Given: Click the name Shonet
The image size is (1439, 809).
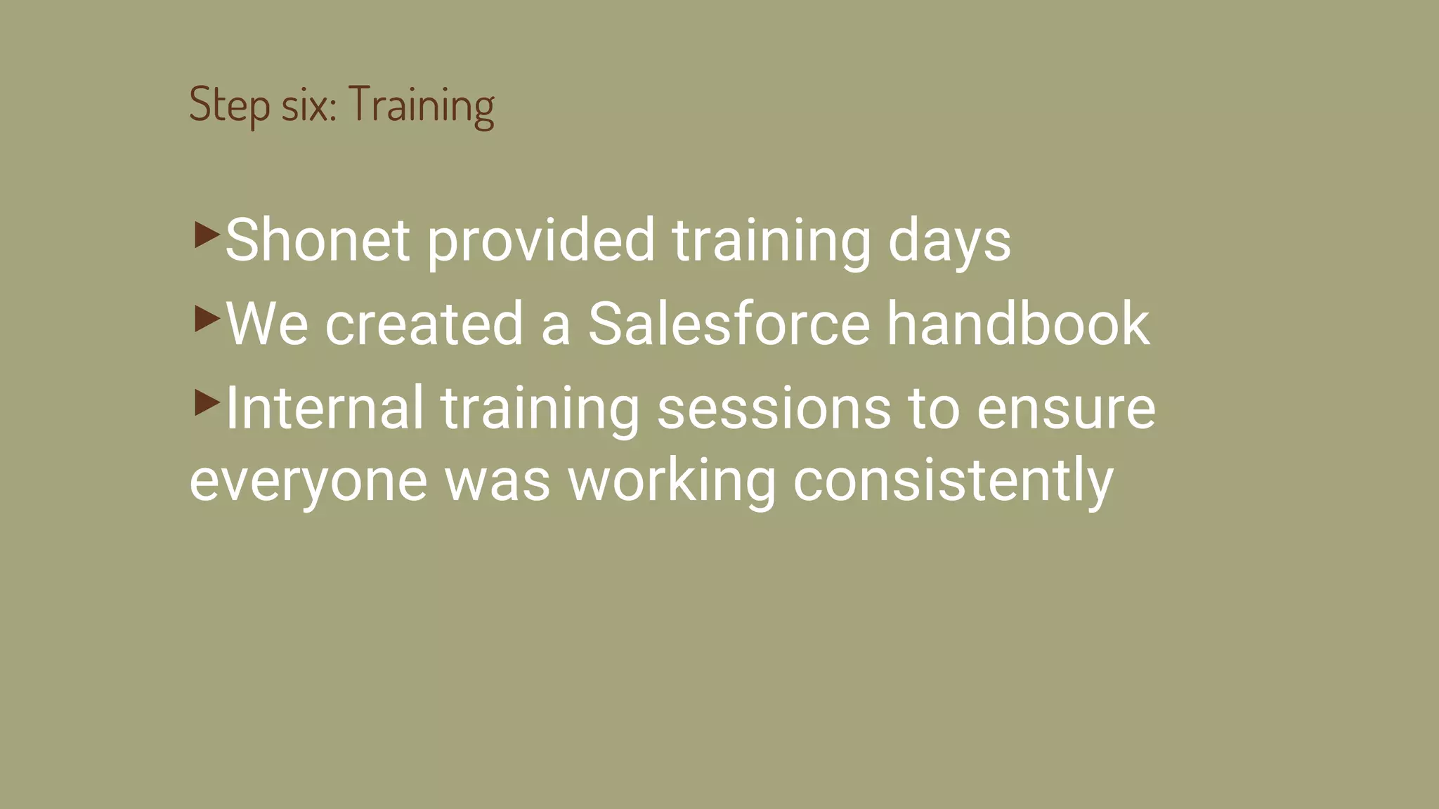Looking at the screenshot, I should coord(318,240).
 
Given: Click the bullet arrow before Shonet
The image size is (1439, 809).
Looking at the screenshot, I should coord(207,235).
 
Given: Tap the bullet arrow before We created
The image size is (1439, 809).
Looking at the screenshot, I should coord(207,319).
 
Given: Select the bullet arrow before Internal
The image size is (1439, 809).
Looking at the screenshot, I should coord(207,402).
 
